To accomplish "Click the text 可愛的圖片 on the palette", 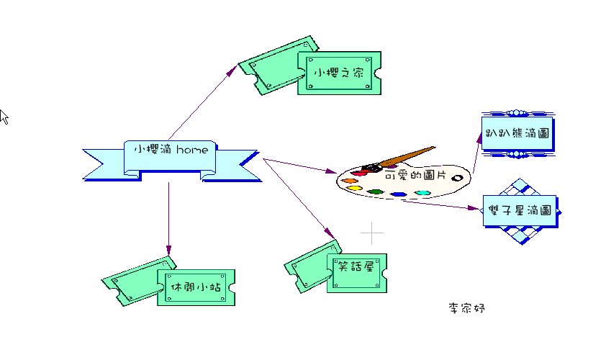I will click(x=416, y=176).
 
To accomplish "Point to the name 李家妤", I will click(x=467, y=308).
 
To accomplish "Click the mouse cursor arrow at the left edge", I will click(x=4, y=116).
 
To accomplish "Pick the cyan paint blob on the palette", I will click(x=422, y=193).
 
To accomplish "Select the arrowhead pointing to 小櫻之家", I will click(x=232, y=70).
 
